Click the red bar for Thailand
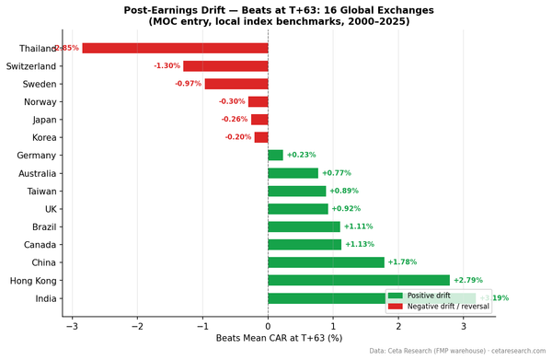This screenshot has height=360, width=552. click(x=175, y=48)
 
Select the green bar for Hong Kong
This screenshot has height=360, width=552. click(x=359, y=280)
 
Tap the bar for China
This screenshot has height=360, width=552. click(x=326, y=262)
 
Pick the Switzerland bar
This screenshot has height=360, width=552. click(x=225, y=66)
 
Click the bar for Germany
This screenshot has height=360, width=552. click(x=275, y=156)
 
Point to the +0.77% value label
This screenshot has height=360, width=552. click(x=336, y=173)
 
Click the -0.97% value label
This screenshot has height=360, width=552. click(x=188, y=84)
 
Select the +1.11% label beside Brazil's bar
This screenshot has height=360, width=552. click(x=358, y=226)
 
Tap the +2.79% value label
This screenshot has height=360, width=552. click(x=468, y=280)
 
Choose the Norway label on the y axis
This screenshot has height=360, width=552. click(x=41, y=102)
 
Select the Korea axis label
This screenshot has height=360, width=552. click(x=43, y=137)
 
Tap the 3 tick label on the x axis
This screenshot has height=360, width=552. click(x=464, y=325)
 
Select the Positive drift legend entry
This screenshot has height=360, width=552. click(x=432, y=296)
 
